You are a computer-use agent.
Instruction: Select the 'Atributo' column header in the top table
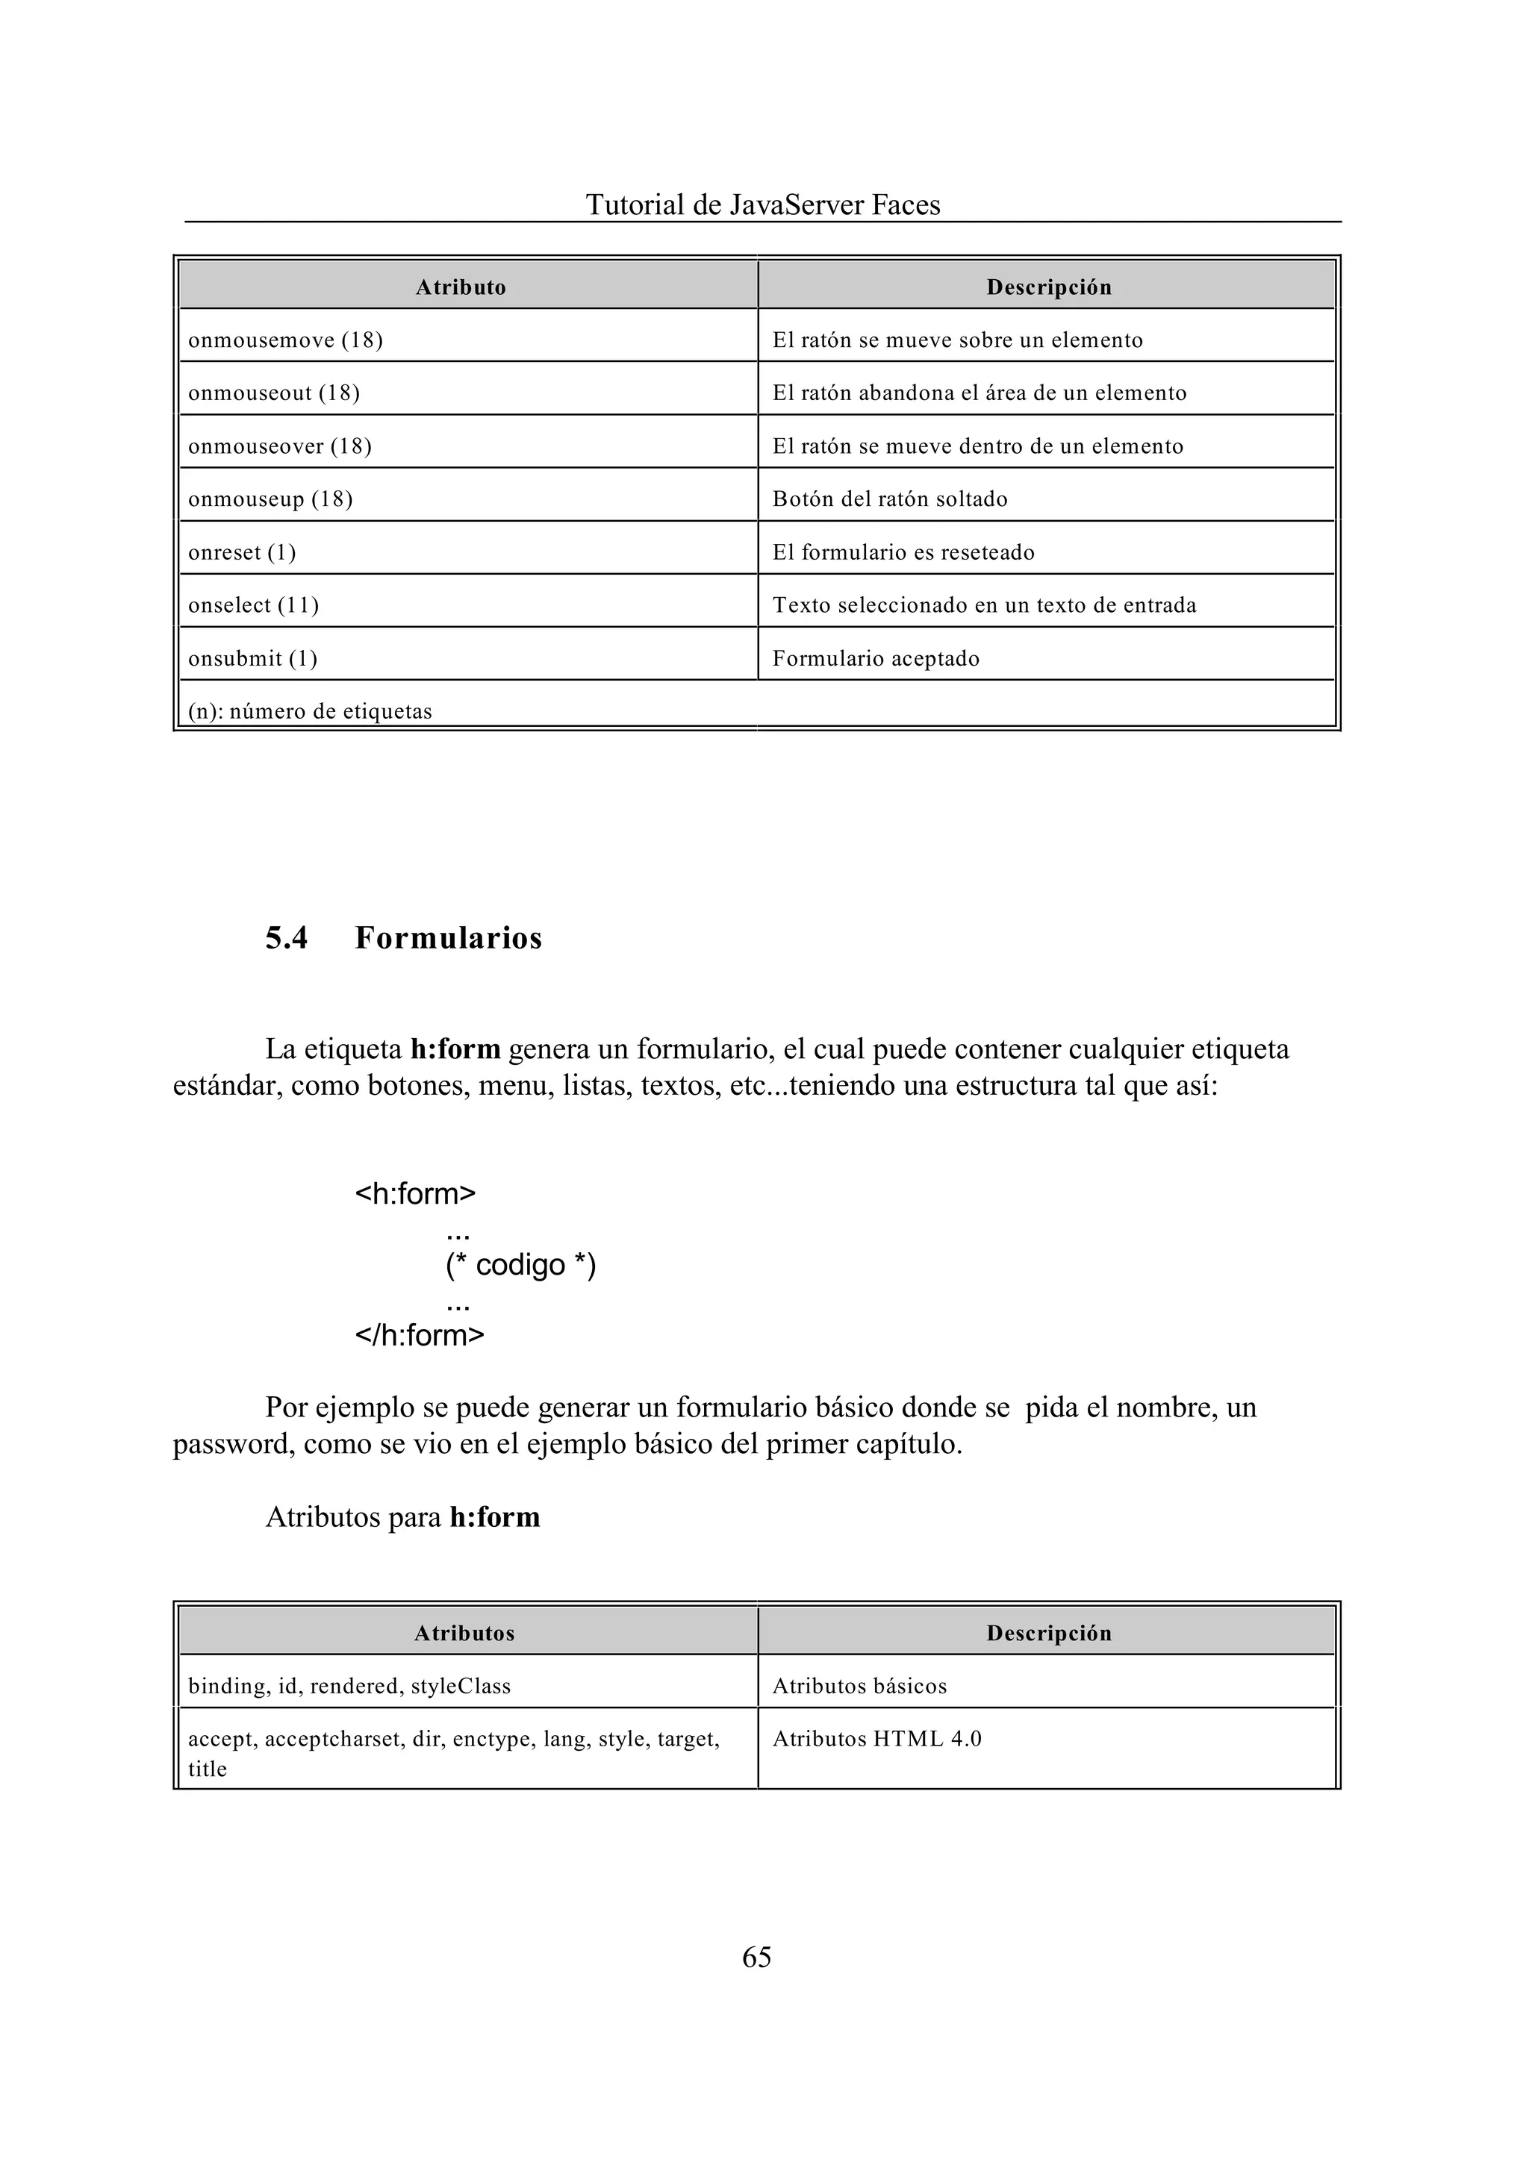tap(461, 287)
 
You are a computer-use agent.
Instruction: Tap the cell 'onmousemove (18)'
tap(285, 341)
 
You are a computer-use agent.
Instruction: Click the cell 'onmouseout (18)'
tap(274, 393)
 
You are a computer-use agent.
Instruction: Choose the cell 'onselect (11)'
tap(253, 605)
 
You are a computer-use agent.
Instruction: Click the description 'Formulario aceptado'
tap(876, 659)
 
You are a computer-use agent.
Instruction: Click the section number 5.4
tap(286, 938)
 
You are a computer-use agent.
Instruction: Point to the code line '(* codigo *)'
tap(520, 1264)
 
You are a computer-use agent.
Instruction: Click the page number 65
tap(756, 1957)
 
